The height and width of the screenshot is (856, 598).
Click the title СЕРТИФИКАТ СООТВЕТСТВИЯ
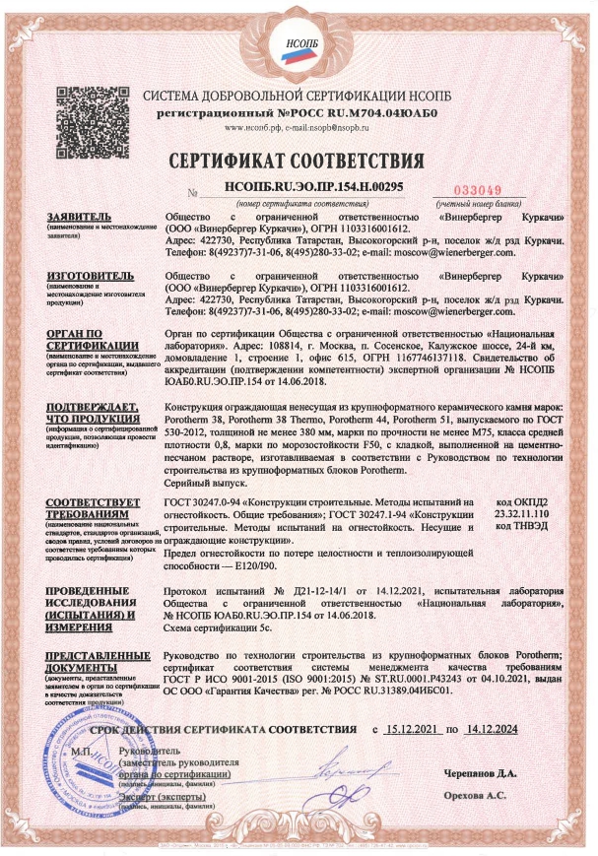(x=298, y=161)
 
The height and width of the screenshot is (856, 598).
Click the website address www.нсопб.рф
(x=258, y=127)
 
